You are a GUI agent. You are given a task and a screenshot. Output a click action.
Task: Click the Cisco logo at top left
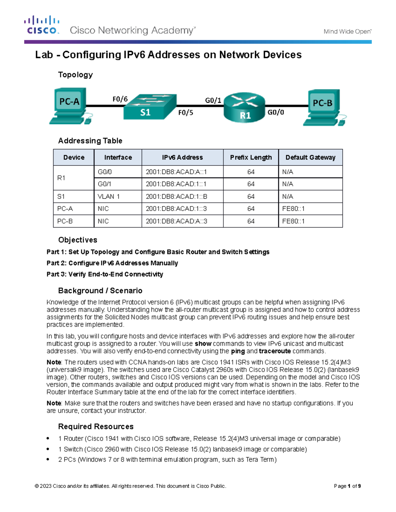42,25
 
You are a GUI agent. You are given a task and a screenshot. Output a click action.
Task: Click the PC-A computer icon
70,105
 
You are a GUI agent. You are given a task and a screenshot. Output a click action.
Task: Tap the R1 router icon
245,107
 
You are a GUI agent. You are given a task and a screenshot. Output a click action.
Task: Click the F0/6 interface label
120,99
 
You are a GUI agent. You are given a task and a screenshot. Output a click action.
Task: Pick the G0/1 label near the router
213,100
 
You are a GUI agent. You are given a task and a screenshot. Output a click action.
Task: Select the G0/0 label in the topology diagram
276,112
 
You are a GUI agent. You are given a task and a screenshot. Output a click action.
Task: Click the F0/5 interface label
185,113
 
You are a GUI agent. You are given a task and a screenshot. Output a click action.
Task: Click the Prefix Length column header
251,157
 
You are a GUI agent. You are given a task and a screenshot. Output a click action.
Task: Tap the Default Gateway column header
310,157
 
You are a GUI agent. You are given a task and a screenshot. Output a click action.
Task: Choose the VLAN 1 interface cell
109,196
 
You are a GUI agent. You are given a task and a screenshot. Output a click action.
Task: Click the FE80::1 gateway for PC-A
293,209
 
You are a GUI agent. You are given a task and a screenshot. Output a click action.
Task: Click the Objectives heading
78,240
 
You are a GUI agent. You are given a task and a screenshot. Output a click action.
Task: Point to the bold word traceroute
275,351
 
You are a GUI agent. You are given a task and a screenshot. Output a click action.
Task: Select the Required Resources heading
96,426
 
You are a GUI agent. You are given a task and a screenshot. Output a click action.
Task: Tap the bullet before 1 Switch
48,449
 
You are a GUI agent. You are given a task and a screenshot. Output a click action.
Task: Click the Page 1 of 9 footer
347,486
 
